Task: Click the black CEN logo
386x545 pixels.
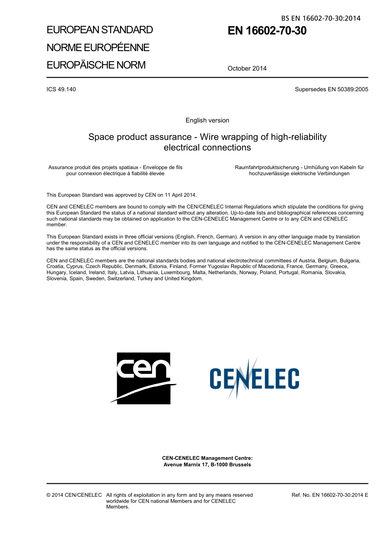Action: point(143,378)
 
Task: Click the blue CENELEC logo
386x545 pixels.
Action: point(254,379)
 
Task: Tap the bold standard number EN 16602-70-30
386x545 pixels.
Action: point(267,31)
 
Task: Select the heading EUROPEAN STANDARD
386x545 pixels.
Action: point(100,30)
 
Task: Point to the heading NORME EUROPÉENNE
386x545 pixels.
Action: point(98,48)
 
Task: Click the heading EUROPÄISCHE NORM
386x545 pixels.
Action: point(96,65)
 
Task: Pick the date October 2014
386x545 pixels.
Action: point(247,69)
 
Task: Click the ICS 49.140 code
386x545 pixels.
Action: point(61,90)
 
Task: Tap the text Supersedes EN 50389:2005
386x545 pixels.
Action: point(331,90)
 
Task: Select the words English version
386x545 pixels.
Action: point(207,120)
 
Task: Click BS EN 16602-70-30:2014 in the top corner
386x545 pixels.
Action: point(321,18)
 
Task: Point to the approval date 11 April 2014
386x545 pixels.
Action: point(180,195)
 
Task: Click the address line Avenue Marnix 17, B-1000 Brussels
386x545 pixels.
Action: point(207,465)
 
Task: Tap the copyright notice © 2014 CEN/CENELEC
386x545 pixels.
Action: point(74,495)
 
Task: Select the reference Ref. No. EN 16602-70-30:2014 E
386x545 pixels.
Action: point(330,495)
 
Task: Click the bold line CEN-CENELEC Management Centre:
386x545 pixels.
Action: point(207,458)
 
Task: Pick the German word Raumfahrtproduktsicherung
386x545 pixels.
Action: point(267,167)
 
